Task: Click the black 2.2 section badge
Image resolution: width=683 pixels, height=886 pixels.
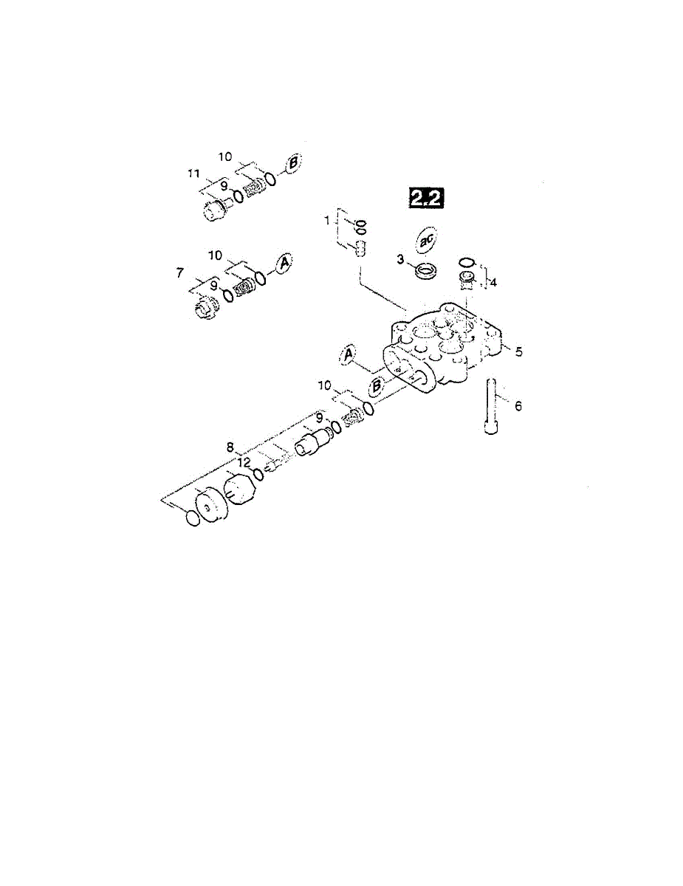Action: click(426, 199)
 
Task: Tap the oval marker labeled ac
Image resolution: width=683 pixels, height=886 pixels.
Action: click(426, 241)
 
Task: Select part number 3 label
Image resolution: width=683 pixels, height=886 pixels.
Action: click(400, 259)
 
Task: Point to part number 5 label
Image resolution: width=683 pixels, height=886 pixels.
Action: click(518, 351)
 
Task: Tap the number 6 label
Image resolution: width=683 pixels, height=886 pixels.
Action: click(518, 406)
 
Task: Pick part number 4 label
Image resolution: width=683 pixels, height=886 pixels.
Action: click(493, 282)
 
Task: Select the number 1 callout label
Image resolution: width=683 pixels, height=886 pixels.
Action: click(327, 221)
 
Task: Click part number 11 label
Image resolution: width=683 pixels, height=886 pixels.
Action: click(193, 174)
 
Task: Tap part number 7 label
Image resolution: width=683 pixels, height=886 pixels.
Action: click(180, 272)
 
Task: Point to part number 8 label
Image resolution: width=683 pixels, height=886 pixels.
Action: click(230, 447)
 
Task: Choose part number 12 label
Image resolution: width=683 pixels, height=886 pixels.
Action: click(244, 462)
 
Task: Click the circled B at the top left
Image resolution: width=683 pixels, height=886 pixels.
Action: click(293, 164)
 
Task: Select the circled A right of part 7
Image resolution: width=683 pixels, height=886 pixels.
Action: click(284, 263)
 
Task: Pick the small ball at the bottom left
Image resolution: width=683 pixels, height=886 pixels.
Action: click(193, 518)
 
